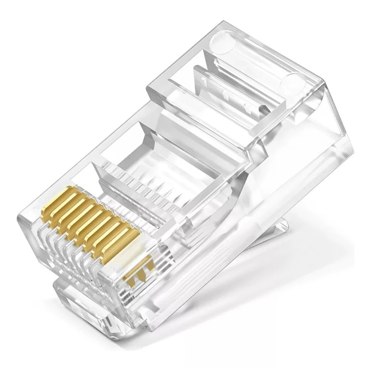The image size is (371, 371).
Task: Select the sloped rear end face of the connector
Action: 331,127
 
